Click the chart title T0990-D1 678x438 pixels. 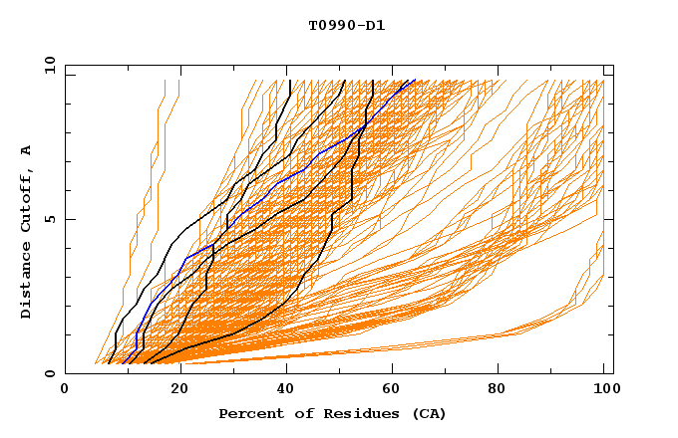[x=346, y=26]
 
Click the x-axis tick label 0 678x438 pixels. [x=65, y=391]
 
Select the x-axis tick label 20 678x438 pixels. [x=180, y=391]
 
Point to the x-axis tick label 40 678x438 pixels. [x=288, y=391]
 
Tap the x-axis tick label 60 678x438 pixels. [x=396, y=391]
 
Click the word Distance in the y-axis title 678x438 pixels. [x=27, y=280]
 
